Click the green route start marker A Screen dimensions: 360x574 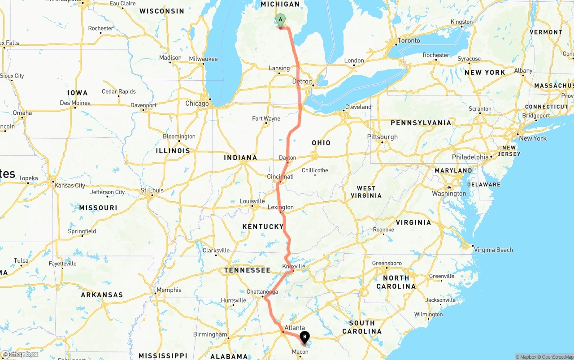pyautogui.click(x=280, y=20)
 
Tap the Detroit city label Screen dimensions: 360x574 pyautogui.click(x=302, y=82)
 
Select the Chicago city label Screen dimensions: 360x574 pyautogui.click(x=197, y=104)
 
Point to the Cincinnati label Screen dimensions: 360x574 pyautogui.click(x=280, y=177)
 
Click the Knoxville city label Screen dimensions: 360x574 pyautogui.click(x=294, y=266)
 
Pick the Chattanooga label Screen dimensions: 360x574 pyautogui.click(x=263, y=292)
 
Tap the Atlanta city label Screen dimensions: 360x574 pyautogui.click(x=295, y=328)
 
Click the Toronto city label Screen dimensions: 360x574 pyautogui.click(x=409, y=41)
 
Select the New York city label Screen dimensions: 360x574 pyautogui.click(x=533, y=139)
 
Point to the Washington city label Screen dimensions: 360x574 pyautogui.click(x=449, y=194)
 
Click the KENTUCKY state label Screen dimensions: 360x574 pyautogui.click(x=263, y=227)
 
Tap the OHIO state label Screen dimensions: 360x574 pyautogui.click(x=321, y=143)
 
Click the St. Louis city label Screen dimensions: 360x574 pyautogui.click(x=152, y=191)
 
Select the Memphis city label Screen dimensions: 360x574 pyautogui.click(x=169, y=290)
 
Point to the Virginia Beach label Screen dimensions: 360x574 pyautogui.click(x=493, y=250)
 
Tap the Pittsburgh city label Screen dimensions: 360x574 pyautogui.click(x=382, y=137)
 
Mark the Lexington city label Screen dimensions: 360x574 pyautogui.click(x=281, y=207)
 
